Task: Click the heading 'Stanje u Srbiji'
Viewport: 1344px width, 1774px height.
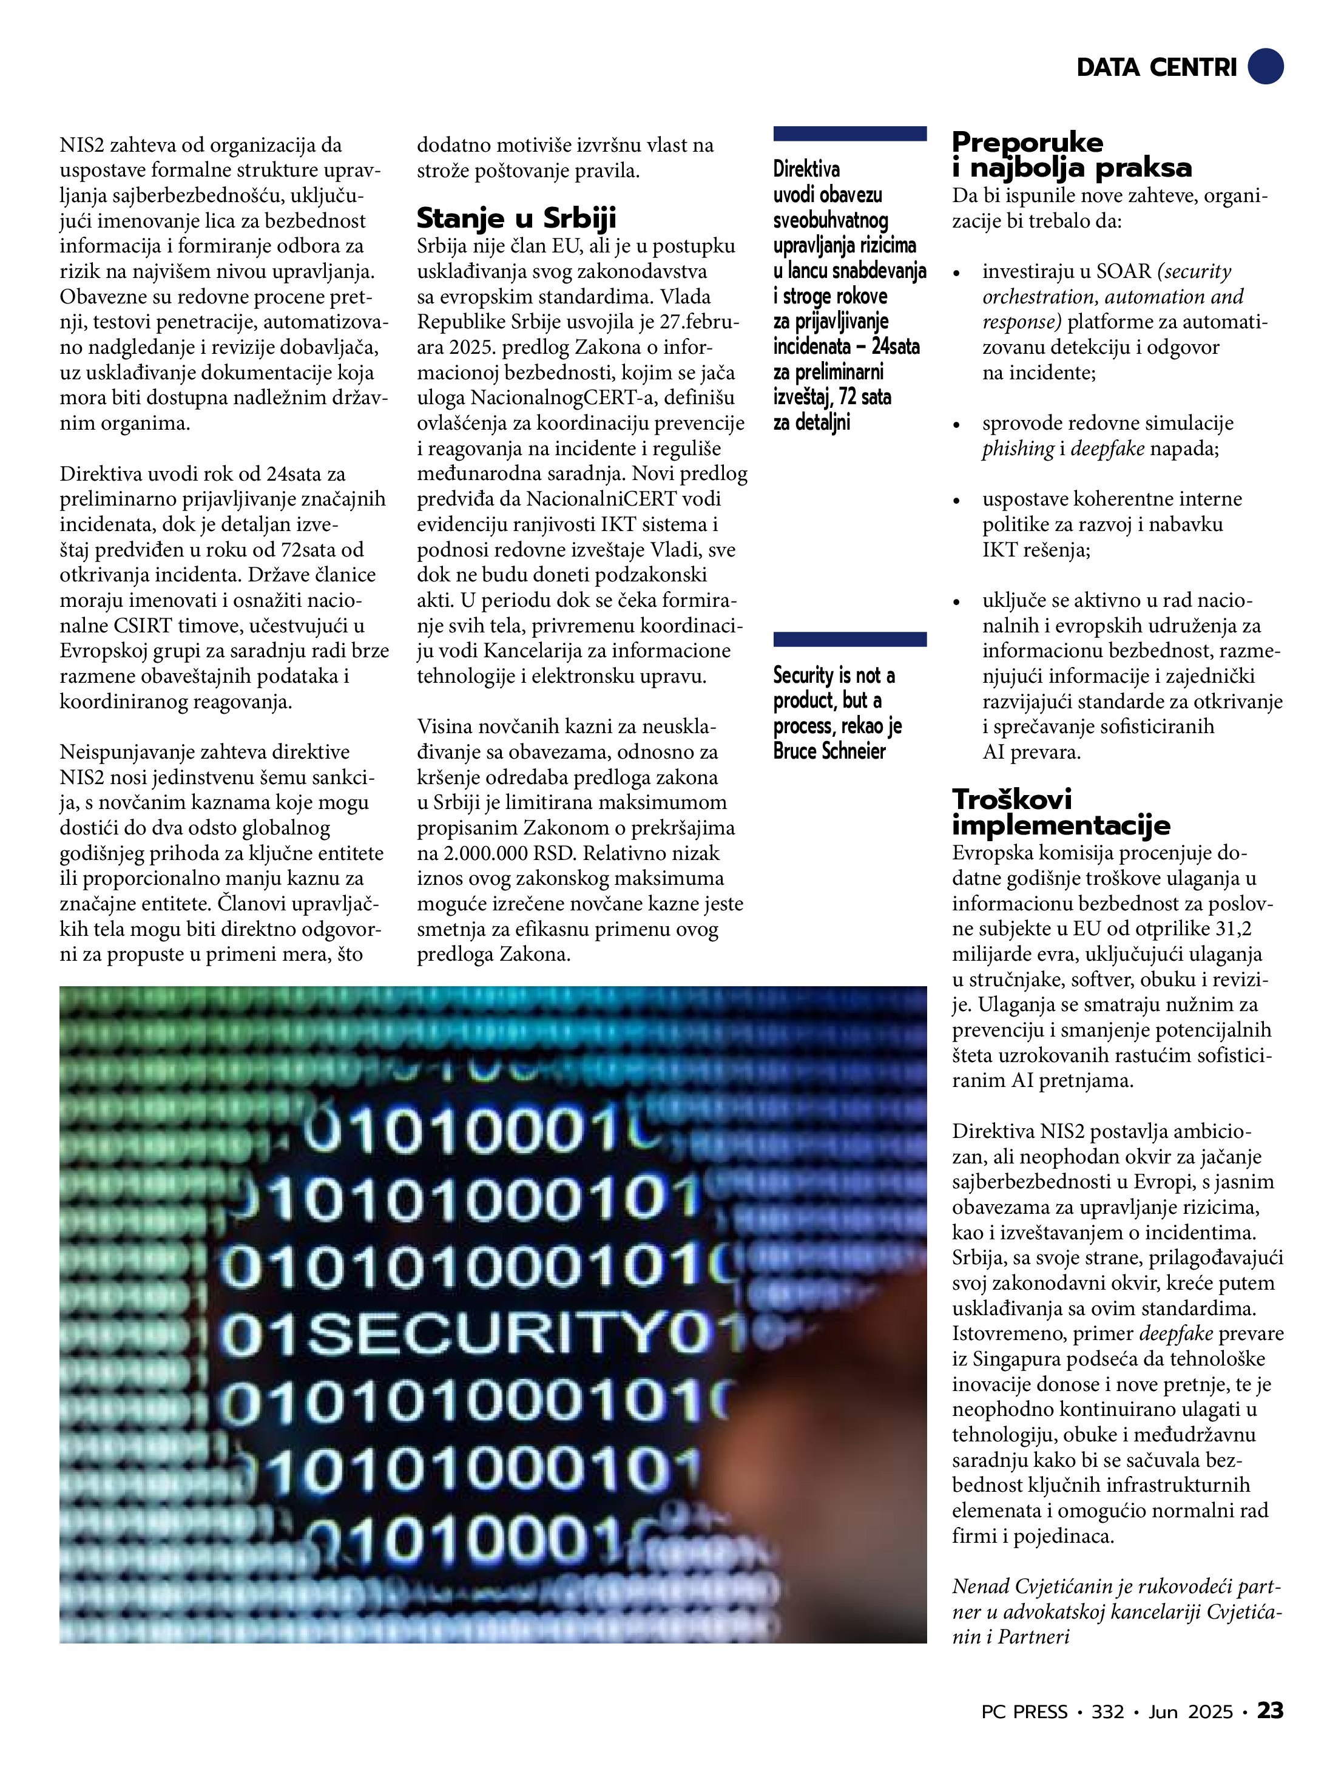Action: pyautogui.click(x=516, y=218)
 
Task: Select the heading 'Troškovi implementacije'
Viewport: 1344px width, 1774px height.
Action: pyautogui.click(x=1061, y=811)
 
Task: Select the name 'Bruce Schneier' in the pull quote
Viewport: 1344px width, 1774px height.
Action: pyautogui.click(x=829, y=751)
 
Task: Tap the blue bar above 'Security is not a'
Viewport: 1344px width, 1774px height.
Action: pyautogui.click(x=850, y=639)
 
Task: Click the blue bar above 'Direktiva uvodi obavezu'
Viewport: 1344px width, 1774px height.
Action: pyautogui.click(x=850, y=134)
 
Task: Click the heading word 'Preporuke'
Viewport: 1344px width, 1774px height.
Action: pyautogui.click(x=1027, y=143)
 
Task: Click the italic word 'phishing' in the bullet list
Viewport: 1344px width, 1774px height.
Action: pyautogui.click(x=1018, y=449)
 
